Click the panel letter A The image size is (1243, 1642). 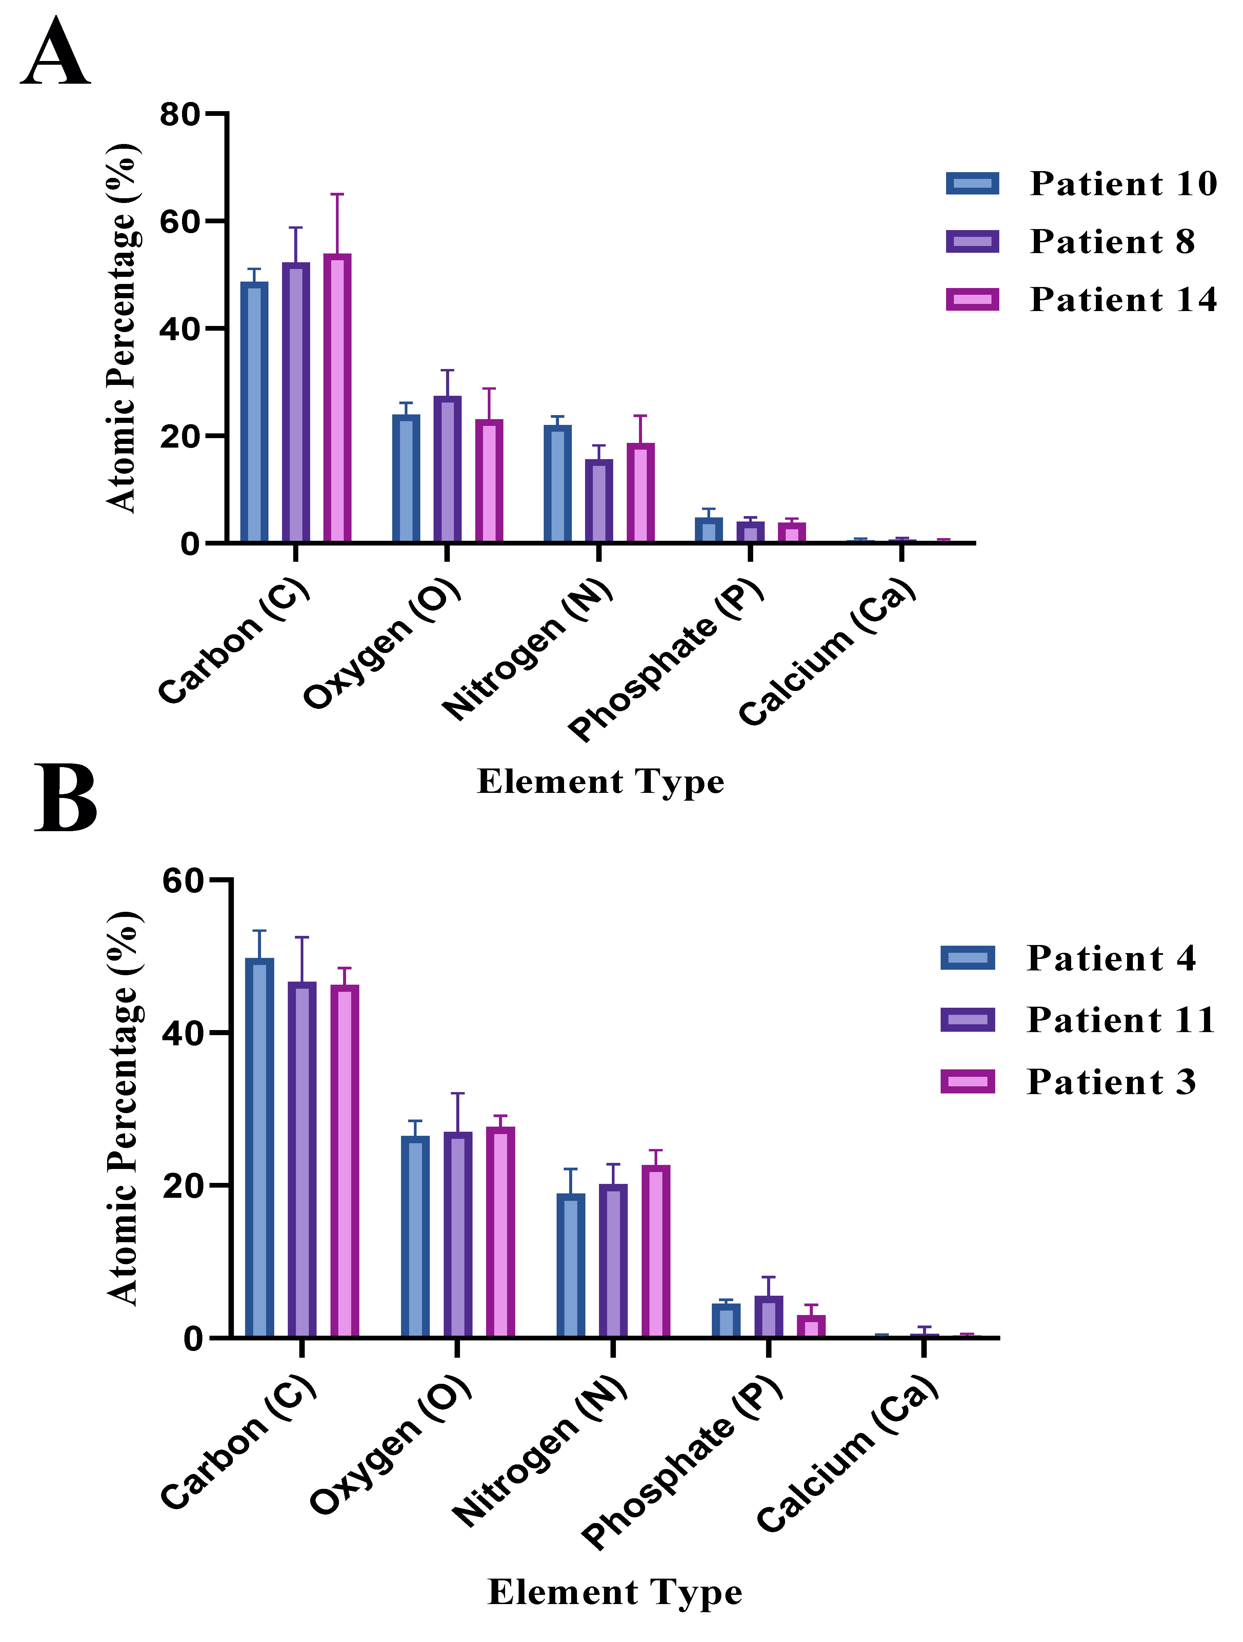(x=56, y=54)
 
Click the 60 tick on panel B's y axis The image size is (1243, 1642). (x=183, y=881)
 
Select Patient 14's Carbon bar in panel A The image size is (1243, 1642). (x=337, y=398)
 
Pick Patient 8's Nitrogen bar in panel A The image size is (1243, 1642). (x=599, y=501)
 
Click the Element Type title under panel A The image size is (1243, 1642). (x=600, y=782)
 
